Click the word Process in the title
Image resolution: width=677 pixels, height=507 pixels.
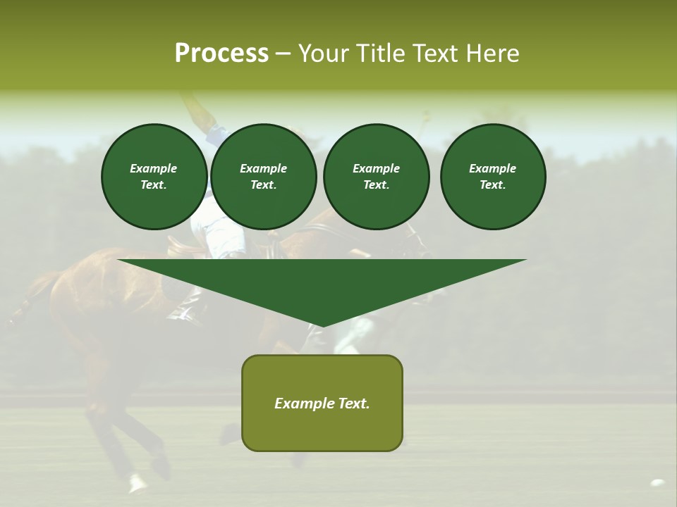tap(221, 54)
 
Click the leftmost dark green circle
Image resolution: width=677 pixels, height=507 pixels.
tap(154, 177)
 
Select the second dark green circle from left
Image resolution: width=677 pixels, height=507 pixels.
tap(264, 177)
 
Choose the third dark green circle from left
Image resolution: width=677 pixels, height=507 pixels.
tap(377, 177)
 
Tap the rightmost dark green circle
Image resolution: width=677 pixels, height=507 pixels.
tap(493, 177)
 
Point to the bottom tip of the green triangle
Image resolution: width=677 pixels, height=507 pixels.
tap(323, 326)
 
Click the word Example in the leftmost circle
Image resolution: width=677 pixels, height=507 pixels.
tap(154, 168)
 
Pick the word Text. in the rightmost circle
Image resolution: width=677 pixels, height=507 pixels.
tap(493, 185)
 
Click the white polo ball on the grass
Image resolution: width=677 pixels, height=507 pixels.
tap(657, 483)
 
